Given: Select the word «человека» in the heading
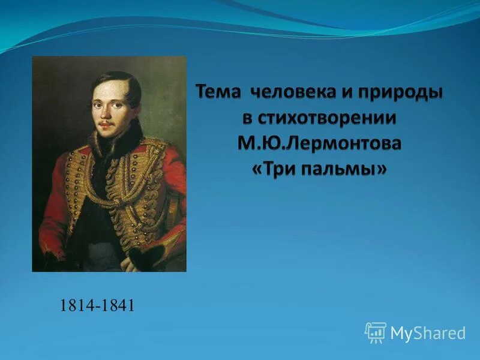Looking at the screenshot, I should click(290, 94).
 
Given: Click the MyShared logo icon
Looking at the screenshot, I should click(375, 332).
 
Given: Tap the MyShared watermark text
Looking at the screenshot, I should click(428, 332).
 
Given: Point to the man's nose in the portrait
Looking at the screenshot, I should click(105, 112).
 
